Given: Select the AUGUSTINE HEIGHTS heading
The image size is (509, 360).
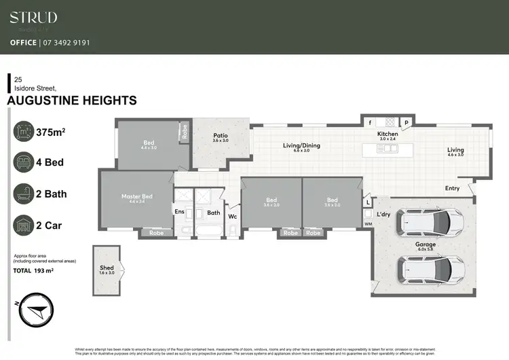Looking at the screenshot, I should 71,101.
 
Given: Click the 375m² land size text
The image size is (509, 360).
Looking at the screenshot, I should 50,132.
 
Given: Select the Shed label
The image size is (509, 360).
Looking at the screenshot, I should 107,268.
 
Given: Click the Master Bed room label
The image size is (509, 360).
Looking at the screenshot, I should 137,196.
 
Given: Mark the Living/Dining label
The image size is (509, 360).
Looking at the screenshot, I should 301,145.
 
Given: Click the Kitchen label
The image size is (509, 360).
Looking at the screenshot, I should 388,134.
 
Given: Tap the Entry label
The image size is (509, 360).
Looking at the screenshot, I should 452,188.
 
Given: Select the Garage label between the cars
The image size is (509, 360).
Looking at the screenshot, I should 426,244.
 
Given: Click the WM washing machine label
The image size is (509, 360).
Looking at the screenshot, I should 369,223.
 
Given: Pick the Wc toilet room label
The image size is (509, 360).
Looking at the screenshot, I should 232,217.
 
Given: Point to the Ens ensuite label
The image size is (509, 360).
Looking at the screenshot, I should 180,212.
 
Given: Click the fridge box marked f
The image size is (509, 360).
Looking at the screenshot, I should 370,123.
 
